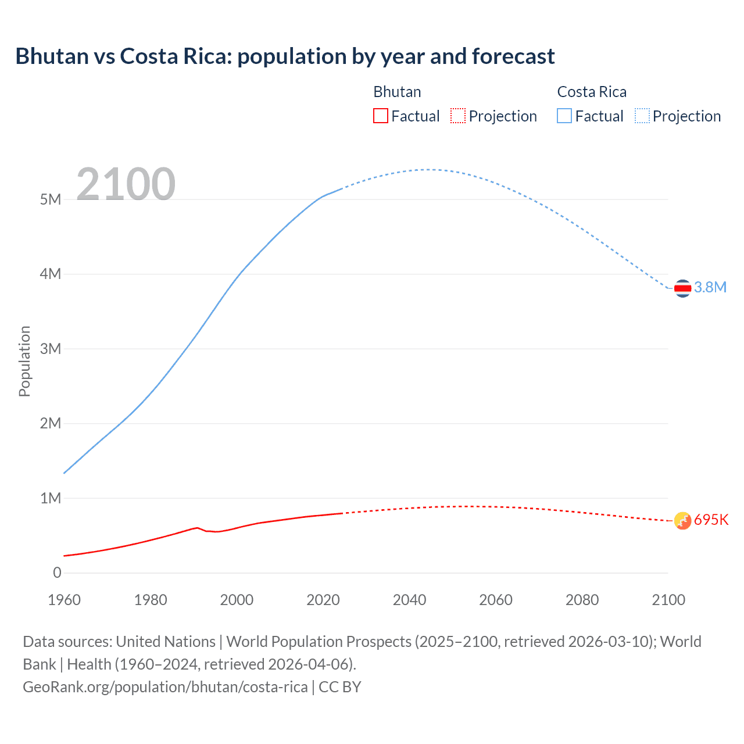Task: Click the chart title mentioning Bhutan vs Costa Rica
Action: point(285,56)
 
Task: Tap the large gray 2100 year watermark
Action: point(126,184)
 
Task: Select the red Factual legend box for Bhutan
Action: point(380,116)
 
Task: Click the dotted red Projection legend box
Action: point(458,116)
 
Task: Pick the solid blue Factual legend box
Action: point(564,116)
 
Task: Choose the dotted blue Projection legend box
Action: point(642,116)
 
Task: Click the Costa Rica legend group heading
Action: point(592,92)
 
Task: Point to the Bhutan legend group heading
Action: point(397,92)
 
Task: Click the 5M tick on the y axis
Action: point(51,199)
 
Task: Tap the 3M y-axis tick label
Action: point(51,349)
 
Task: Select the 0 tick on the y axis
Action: point(57,573)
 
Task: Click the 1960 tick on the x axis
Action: point(64,600)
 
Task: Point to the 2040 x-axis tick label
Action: point(409,600)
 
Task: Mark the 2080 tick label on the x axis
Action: point(582,600)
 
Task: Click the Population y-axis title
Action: point(24,361)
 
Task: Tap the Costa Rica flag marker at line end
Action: point(682,288)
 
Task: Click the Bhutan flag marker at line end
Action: point(682,521)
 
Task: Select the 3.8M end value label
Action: point(710,287)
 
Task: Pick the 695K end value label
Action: point(711,520)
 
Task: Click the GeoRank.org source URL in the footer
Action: point(165,687)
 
